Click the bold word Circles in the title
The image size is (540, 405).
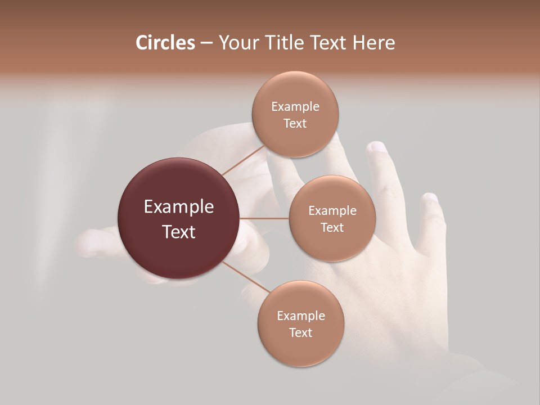point(165,43)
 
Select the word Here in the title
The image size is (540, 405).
point(374,43)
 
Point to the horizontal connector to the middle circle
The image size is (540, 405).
point(264,218)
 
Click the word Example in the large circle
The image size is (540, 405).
point(179,207)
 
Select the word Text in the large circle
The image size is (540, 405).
point(179,232)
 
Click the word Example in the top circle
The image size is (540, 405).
point(295,107)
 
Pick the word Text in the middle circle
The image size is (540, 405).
point(332,227)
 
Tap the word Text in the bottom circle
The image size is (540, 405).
point(301,332)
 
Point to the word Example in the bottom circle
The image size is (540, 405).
point(301,316)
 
